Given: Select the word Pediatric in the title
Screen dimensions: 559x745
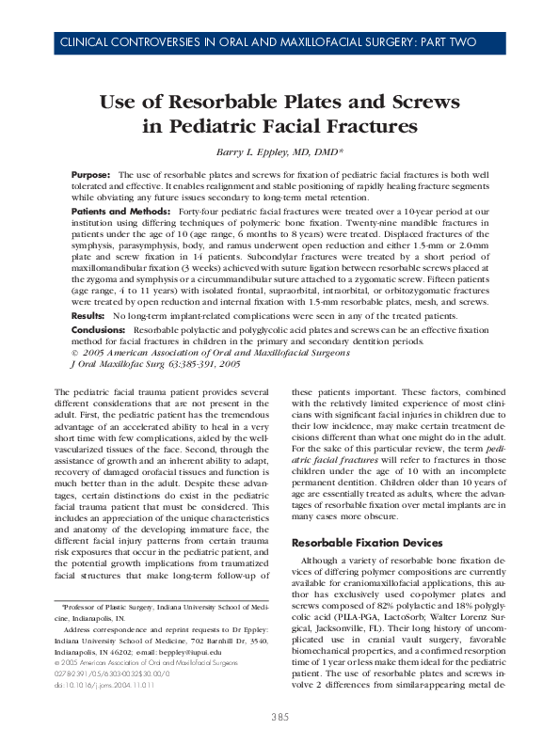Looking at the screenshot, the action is click(x=226, y=125).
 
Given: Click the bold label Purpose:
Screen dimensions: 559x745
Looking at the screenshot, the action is click(x=91, y=176).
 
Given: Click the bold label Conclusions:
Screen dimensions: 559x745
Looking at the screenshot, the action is click(x=100, y=331).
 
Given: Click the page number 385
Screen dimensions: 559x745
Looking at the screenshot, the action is click(x=279, y=718).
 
